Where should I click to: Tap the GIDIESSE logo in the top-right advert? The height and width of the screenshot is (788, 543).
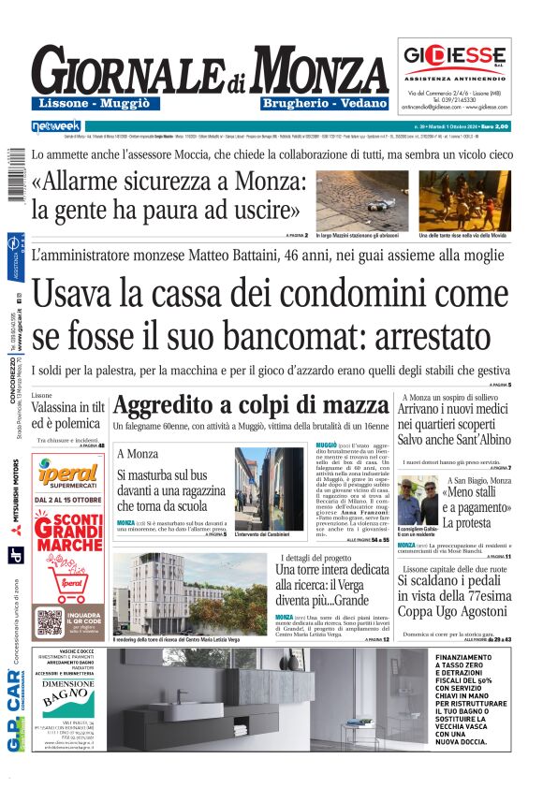coord(455,55)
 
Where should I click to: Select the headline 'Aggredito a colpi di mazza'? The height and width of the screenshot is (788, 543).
coord(250,406)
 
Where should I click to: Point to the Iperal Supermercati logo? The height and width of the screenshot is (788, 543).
coord(68,474)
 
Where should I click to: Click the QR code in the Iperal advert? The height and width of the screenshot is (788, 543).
coord(51,621)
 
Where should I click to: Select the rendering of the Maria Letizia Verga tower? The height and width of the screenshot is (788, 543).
coord(185,592)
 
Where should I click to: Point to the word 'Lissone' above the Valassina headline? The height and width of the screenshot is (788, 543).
coord(42,396)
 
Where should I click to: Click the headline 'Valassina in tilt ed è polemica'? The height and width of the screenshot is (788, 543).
coord(66,416)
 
